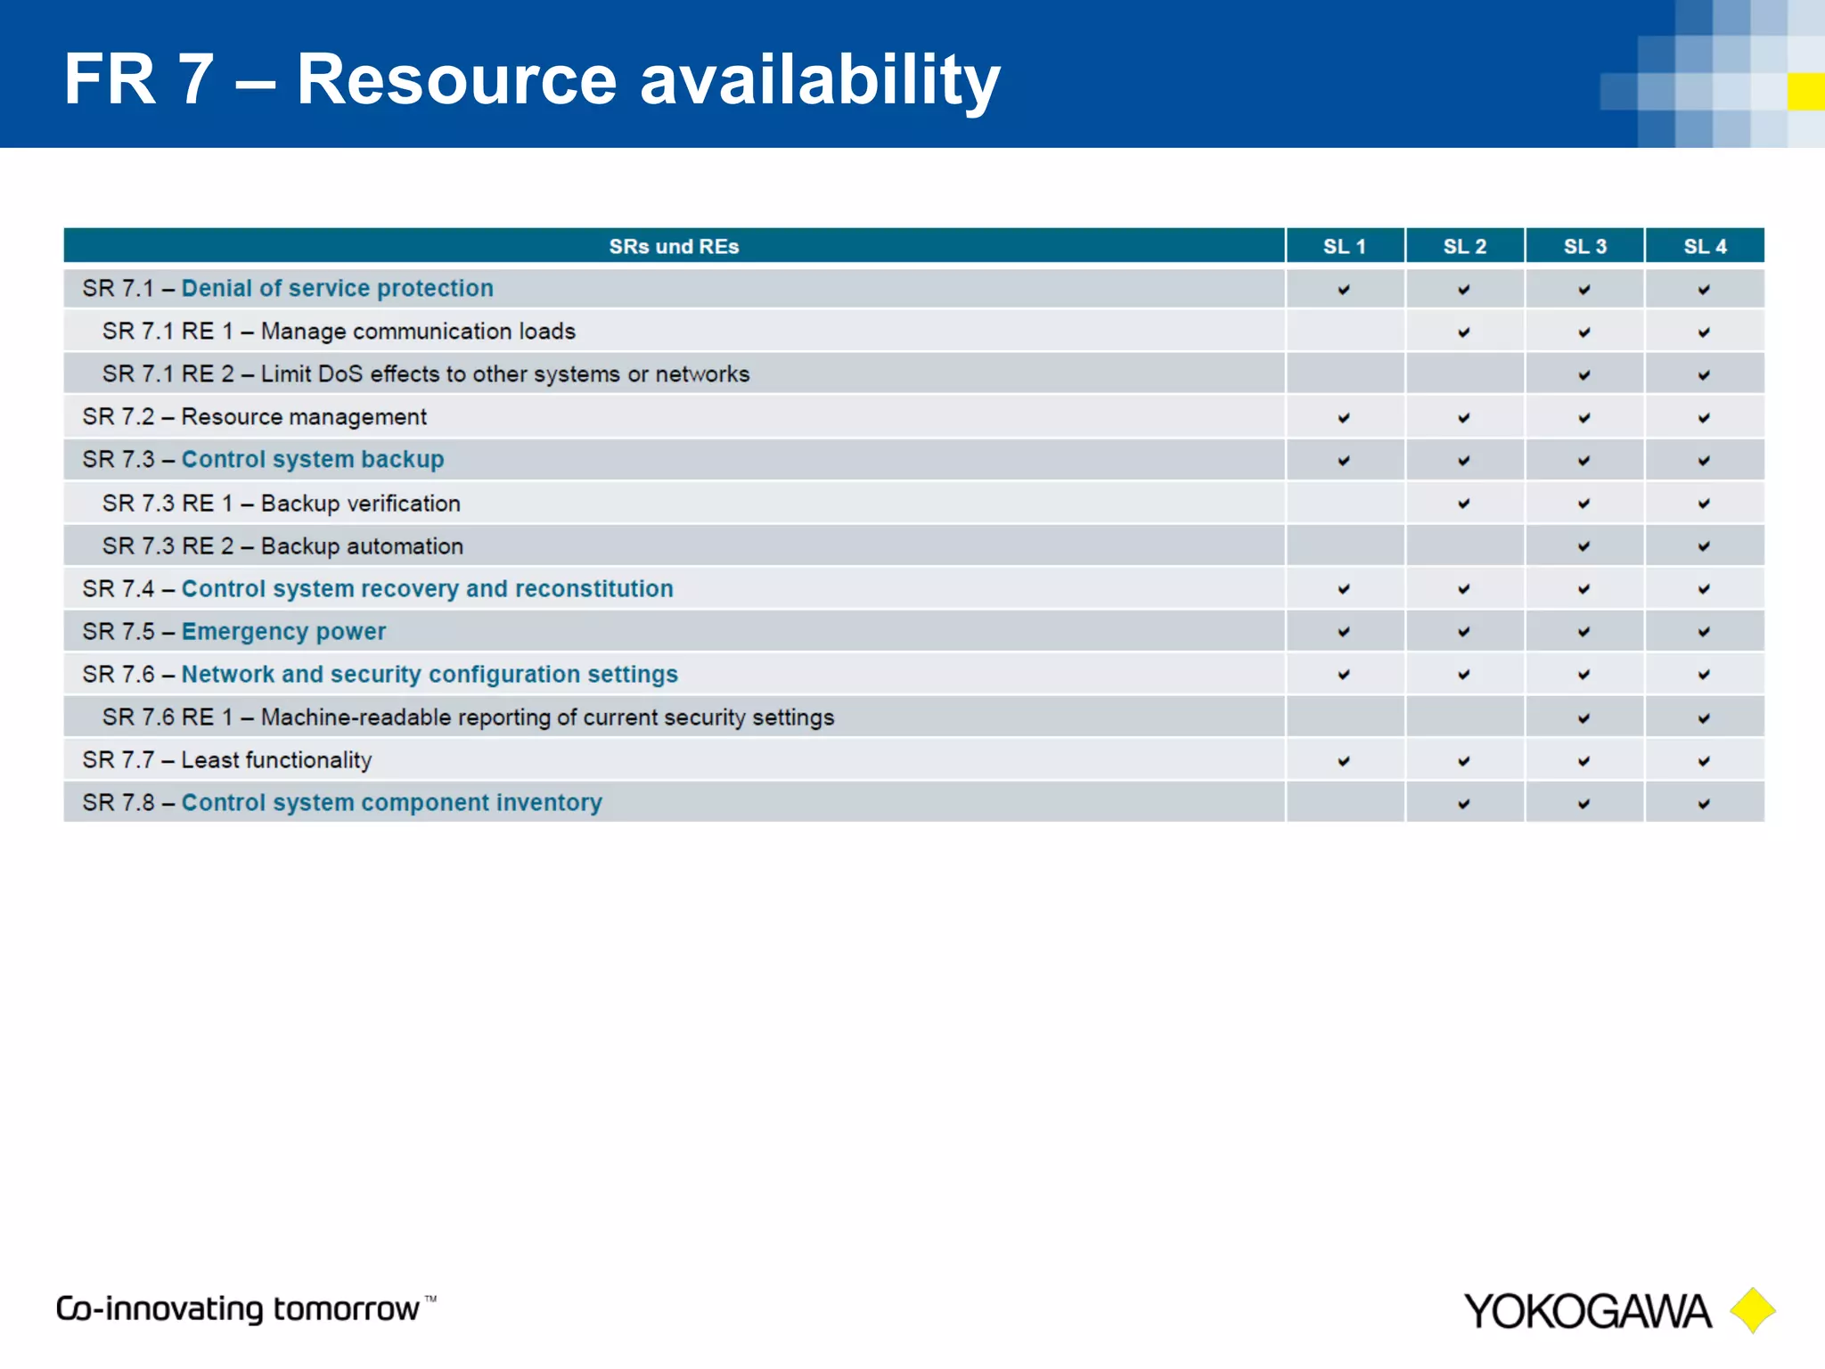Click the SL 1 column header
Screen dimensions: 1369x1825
pyautogui.click(x=1344, y=247)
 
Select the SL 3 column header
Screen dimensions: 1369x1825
pyautogui.click(x=1584, y=247)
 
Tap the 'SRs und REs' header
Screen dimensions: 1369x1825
pyautogui.click(x=674, y=247)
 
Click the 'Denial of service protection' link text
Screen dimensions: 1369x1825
pyautogui.click(x=337, y=289)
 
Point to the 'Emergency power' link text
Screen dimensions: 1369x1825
pyautogui.click(x=283, y=632)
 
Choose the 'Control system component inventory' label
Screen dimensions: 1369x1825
pyautogui.click(x=391, y=803)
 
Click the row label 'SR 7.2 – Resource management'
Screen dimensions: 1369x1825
pyautogui.click(x=255, y=417)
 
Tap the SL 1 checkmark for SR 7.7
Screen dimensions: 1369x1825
pyautogui.click(x=1344, y=761)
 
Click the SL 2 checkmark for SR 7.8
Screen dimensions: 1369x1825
pyautogui.click(x=1464, y=804)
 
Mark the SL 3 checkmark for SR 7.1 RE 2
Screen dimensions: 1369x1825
pyautogui.click(x=1584, y=375)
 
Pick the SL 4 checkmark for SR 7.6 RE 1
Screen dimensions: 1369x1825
pyautogui.click(x=1704, y=718)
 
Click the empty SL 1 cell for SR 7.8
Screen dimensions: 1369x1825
pyautogui.click(x=1344, y=803)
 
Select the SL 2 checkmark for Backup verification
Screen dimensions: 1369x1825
pyautogui.click(x=1464, y=504)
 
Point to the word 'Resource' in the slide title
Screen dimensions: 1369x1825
pyautogui.click(x=456, y=79)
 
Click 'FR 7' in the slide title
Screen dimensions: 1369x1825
pyautogui.click(x=138, y=79)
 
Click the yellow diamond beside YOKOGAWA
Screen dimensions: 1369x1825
pyautogui.click(x=1753, y=1310)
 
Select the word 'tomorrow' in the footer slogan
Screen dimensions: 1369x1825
pyautogui.click(x=346, y=1309)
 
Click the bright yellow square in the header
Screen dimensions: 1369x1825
pyautogui.click(x=1805, y=92)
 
